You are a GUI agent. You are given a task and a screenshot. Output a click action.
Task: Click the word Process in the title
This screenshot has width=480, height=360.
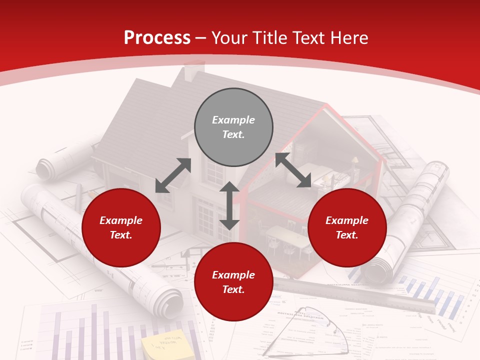point(157,38)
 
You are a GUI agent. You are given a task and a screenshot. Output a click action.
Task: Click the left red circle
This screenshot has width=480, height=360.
point(121,227)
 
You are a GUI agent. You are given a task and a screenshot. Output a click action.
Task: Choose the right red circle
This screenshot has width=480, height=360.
point(347,227)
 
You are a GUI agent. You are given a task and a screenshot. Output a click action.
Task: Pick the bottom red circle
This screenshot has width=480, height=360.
point(233,282)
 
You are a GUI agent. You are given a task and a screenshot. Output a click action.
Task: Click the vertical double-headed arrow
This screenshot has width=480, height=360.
point(229,205)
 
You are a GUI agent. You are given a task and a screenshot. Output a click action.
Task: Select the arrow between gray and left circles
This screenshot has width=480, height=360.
point(173,175)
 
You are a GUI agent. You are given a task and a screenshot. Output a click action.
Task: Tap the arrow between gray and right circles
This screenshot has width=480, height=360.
point(293,170)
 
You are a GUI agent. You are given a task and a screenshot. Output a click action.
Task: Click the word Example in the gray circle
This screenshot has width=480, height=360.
point(233,120)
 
